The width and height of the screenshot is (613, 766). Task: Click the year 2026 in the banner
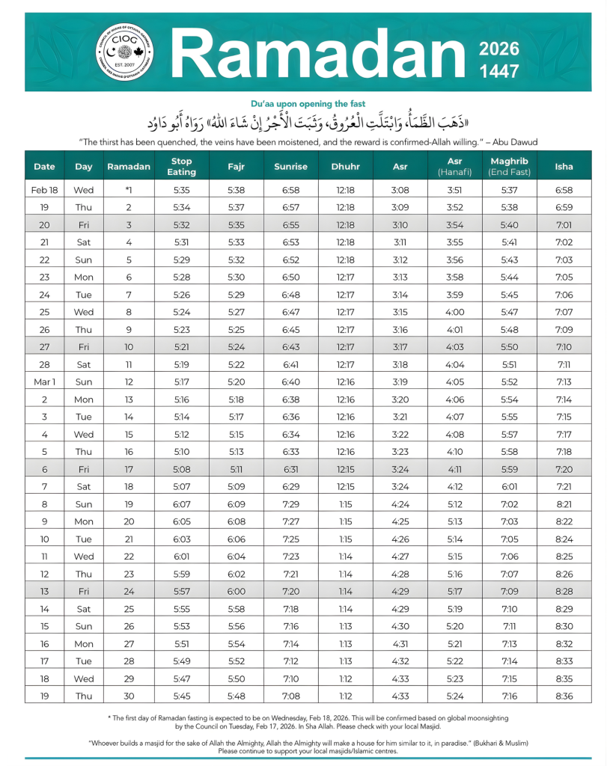(x=498, y=50)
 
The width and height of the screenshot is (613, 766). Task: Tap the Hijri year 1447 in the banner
(x=498, y=72)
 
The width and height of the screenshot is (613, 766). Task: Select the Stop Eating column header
(x=181, y=165)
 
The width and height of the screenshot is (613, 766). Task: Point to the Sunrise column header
(x=291, y=165)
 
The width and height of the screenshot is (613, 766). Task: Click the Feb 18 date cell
(x=44, y=191)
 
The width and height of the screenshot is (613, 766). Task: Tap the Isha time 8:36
(x=564, y=695)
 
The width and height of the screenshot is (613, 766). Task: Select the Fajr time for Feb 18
(x=236, y=191)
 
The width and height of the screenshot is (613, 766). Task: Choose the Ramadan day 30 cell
(x=128, y=695)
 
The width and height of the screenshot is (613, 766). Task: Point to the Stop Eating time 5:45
(x=181, y=695)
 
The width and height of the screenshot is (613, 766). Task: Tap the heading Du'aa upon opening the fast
(x=306, y=103)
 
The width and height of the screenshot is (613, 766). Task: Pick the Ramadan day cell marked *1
(x=128, y=191)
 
